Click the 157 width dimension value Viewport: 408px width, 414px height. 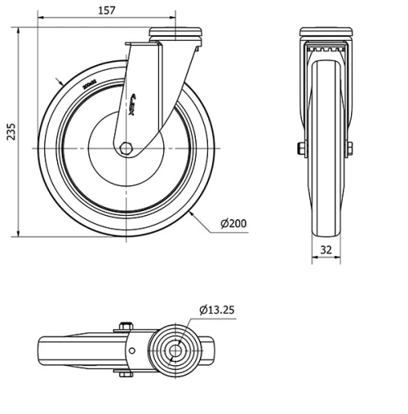106,11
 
